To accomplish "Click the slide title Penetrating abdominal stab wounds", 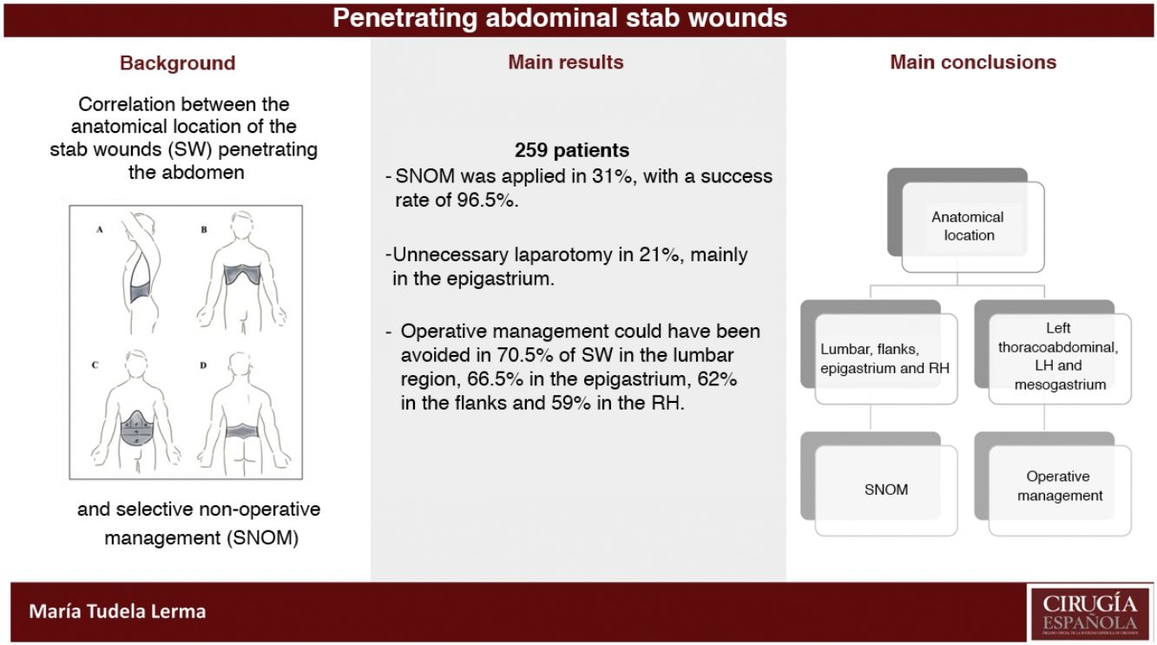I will tap(560, 18).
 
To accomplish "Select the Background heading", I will tap(177, 63).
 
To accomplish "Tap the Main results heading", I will tap(565, 63).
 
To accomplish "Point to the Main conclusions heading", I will tap(972, 63).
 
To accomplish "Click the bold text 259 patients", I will tap(571, 151).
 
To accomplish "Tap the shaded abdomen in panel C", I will tap(138, 430).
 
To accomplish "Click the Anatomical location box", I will tap(968, 226).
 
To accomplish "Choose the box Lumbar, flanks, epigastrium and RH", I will tap(884, 358).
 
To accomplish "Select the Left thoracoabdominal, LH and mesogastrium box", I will tap(1057, 356).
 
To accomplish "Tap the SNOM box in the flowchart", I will tap(885, 490).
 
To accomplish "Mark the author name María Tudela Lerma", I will tap(117, 611).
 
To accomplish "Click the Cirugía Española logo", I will tap(1088, 612).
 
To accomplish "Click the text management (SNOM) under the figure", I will tap(201, 537).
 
